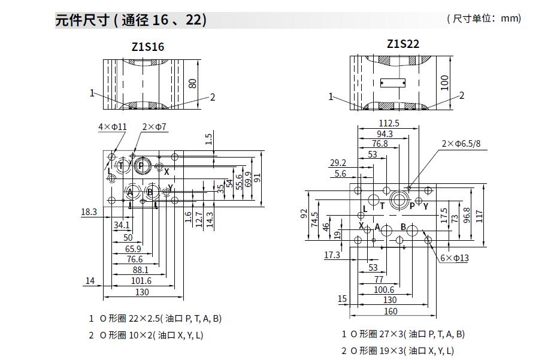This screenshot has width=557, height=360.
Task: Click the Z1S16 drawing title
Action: click(147, 46)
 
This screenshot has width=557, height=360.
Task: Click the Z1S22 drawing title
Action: click(402, 44)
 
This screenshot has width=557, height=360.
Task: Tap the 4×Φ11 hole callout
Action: click(113, 127)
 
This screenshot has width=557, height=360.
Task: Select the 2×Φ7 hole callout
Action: click(155, 127)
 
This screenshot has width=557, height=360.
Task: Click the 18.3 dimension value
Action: click(89, 211)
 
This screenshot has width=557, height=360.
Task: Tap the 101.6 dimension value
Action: click(141, 281)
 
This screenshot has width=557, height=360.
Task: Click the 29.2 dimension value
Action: click(338, 163)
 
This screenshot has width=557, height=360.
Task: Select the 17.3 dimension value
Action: click(332, 255)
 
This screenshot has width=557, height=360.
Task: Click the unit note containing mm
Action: click(484, 19)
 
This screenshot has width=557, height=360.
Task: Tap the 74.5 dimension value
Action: click(314, 221)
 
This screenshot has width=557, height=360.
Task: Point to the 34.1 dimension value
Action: click(122, 225)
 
